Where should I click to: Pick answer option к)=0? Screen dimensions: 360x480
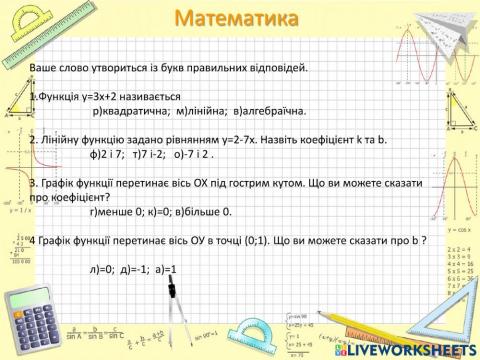coord(166,211)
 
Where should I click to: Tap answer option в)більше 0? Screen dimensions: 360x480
coord(210,211)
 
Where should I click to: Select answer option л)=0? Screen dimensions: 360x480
coord(101,268)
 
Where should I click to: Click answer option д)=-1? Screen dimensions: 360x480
coord(134,268)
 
